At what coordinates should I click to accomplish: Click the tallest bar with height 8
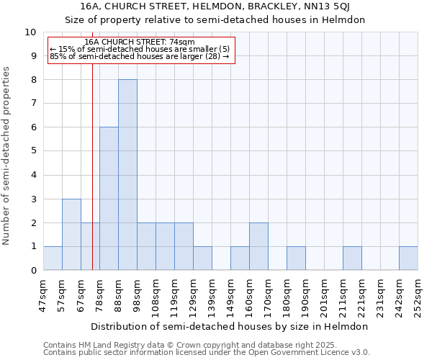127,175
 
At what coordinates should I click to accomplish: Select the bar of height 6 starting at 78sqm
109,199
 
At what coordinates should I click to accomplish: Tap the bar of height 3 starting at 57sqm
71,235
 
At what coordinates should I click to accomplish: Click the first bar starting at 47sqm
53,258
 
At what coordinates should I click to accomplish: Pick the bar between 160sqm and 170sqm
258,247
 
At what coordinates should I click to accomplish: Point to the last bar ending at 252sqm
408,258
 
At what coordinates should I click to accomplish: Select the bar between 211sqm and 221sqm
352,258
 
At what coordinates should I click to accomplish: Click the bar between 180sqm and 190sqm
296,258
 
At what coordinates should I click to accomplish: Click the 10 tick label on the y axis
30,32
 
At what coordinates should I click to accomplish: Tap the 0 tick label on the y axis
33,271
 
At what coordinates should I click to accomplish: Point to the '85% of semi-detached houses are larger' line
139,56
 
